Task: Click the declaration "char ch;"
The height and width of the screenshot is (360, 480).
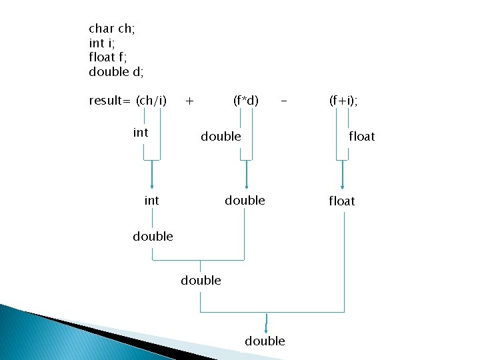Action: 113,29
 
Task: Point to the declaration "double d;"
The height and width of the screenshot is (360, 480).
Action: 116,72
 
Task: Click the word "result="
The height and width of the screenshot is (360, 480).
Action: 110,101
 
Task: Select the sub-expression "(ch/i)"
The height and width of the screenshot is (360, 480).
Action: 151,101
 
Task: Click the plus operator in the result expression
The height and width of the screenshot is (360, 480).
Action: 190,101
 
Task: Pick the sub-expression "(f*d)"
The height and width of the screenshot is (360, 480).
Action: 246,101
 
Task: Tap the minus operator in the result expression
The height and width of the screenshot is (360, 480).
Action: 285,101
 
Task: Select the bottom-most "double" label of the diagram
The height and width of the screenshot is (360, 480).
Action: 265,341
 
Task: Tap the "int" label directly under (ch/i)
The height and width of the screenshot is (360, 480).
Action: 141,132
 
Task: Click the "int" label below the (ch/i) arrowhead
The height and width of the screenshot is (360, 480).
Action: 152,200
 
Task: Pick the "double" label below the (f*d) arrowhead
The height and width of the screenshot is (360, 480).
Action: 245,200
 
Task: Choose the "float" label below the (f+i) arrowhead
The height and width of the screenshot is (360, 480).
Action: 341,201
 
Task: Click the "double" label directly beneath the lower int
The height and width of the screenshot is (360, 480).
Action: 153,236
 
